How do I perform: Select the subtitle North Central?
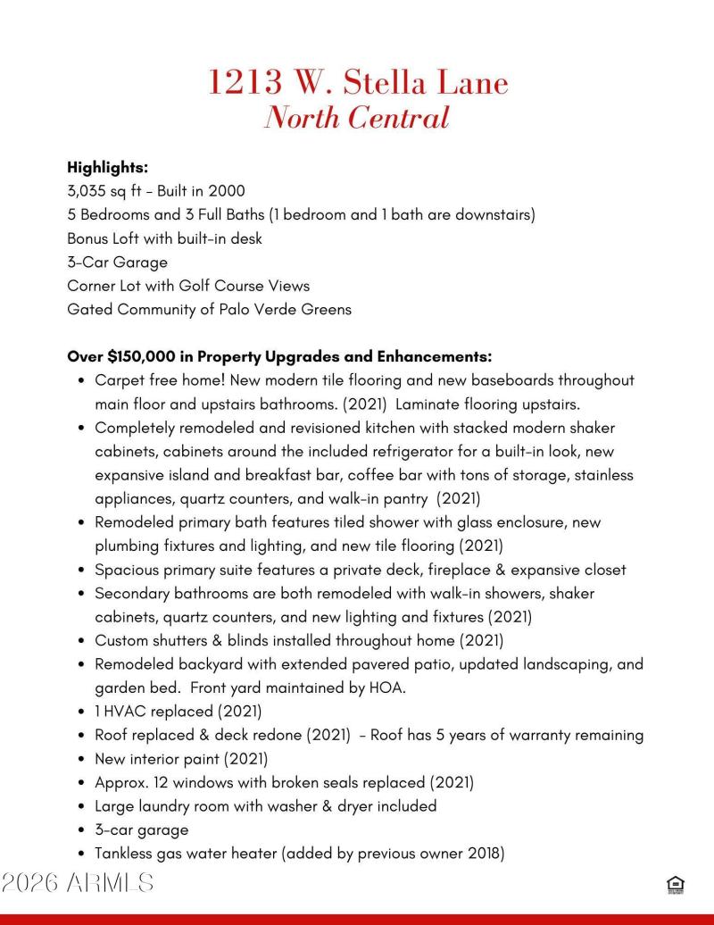(356, 118)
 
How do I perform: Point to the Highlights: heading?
(107, 167)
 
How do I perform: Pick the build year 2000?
(227, 191)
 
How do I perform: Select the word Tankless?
(124, 853)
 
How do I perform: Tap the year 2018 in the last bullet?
(482, 853)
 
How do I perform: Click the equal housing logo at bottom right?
(675, 885)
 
